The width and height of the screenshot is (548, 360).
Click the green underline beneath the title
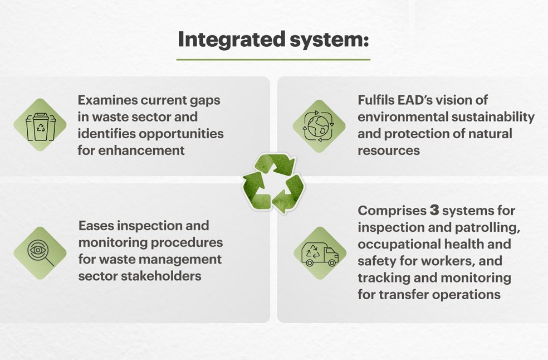point(273,59)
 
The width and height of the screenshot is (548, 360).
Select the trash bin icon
point(40,125)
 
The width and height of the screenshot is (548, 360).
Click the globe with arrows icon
point(319,126)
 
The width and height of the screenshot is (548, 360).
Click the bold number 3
point(435,211)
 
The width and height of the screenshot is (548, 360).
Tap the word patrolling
point(484,227)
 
